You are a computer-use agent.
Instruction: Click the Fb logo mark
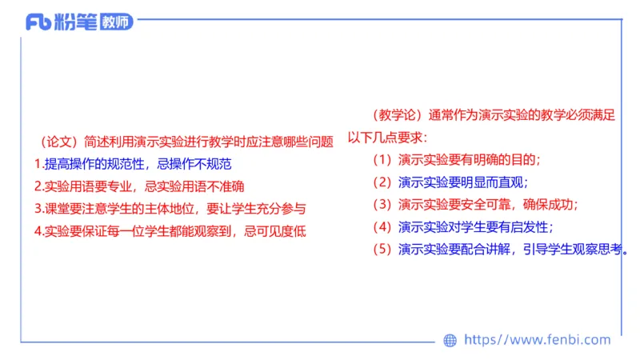38,22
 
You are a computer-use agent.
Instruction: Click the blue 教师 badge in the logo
117,22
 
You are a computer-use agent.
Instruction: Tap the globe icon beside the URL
450,340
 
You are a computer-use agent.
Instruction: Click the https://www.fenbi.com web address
537,340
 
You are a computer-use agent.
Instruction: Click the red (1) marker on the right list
384,158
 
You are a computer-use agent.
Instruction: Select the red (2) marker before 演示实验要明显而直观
384,182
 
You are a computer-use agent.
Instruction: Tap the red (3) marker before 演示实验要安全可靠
384,204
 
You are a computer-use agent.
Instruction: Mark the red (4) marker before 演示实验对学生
384,226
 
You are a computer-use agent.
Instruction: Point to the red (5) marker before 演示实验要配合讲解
384,249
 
